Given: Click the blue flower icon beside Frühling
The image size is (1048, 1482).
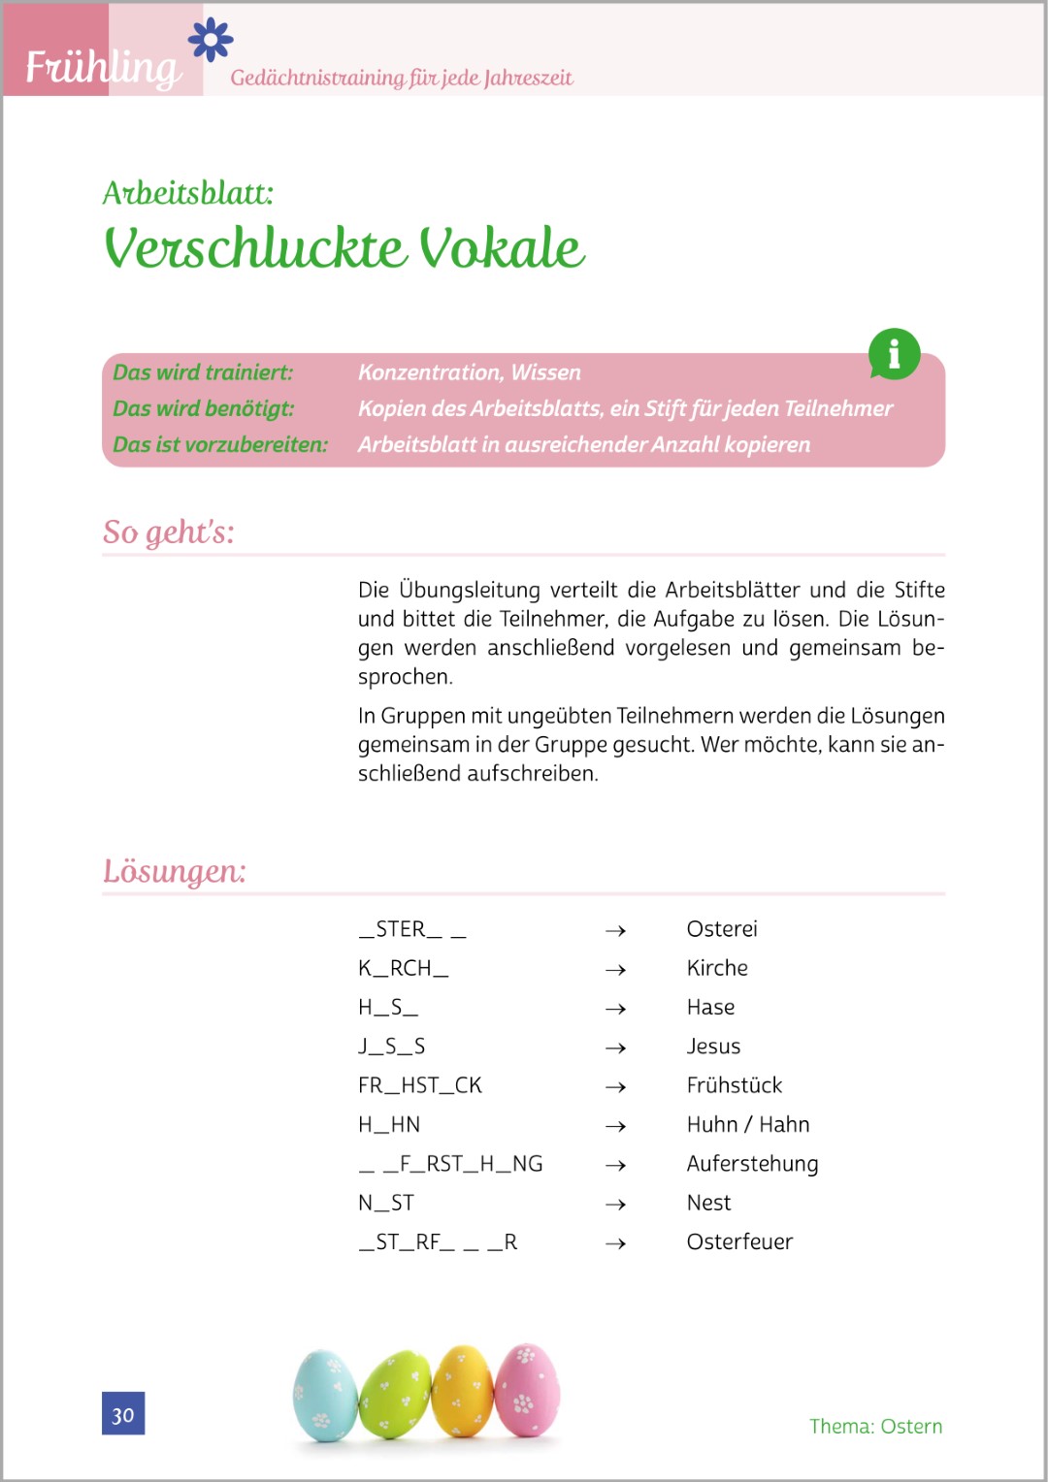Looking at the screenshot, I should click(x=211, y=40).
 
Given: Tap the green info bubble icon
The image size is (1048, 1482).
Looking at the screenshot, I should click(x=894, y=354).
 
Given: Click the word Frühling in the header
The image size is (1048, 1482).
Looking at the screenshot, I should click(x=103, y=68).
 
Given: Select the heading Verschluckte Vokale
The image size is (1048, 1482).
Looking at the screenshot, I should click(x=344, y=248).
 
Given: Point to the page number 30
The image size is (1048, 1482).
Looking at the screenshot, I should click(x=123, y=1414).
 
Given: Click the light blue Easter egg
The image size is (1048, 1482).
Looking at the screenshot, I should click(x=325, y=1395).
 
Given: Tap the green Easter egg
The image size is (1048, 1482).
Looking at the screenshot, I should click(x=395, y=1395).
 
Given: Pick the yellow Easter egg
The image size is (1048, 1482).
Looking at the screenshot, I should click(x=462, y=1391).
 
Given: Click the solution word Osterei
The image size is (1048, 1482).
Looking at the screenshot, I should click(x=722, y=929).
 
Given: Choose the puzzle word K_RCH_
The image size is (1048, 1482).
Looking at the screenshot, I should click(x=403, y=968).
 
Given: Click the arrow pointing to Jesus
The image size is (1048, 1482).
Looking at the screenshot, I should click(x=615, y=1047).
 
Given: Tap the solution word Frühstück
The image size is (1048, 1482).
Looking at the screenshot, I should click(x=734, y=1085).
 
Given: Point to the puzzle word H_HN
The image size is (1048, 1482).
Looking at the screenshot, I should click(x=389, y=1124).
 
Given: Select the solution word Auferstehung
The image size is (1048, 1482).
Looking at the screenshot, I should click(x=752, y=1164).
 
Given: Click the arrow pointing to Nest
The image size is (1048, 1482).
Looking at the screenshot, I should click(x=615, y=1204).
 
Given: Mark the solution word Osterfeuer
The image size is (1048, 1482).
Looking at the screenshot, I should click(x=739, y=1241).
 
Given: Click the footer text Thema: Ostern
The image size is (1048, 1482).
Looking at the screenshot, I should click(x=875, y=1426).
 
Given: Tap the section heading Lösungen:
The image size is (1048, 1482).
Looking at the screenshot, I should click(x=175, y=871).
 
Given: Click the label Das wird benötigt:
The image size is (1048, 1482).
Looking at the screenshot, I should click(x=203, y=408).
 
